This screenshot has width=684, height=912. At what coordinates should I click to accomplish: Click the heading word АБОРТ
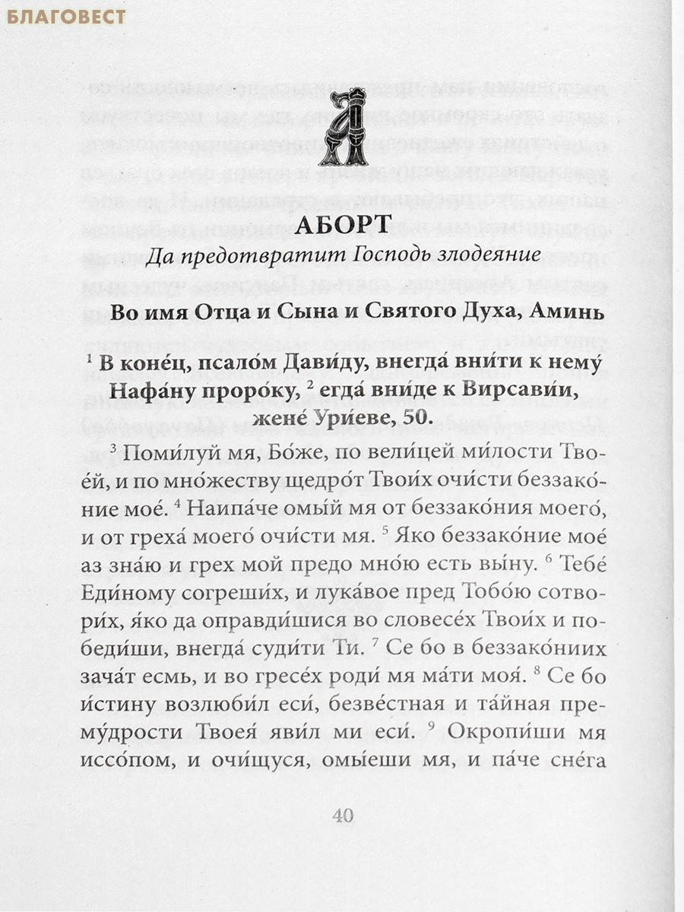point(341,224)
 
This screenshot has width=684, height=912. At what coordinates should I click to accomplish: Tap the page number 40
point(343,815)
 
